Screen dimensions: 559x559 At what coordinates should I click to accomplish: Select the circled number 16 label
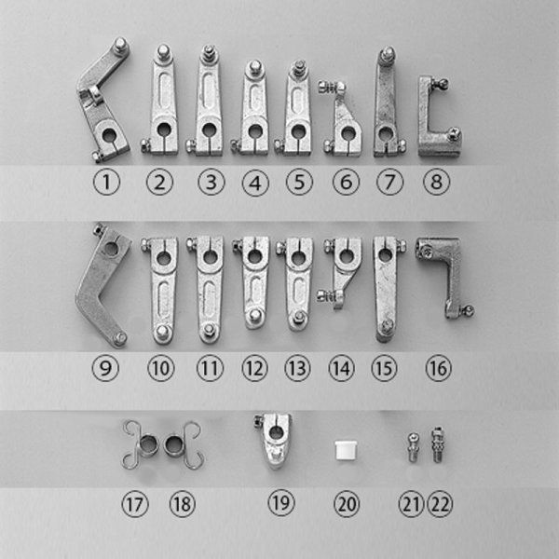pyautogui.click(x=438, y=368)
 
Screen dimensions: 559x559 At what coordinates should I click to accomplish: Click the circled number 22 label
pyautogui.click(x=438, y=504)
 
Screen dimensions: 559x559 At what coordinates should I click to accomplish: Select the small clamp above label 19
pyautogui.click(x=276, y=442)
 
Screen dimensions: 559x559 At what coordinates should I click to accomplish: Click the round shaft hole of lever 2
pyautogui.click(x=165, y=130)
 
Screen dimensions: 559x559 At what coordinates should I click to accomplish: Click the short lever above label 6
pyautogui.click(x=346, y=126)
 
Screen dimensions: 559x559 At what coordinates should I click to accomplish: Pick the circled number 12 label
pyautogui.click(x=253, y=368)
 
